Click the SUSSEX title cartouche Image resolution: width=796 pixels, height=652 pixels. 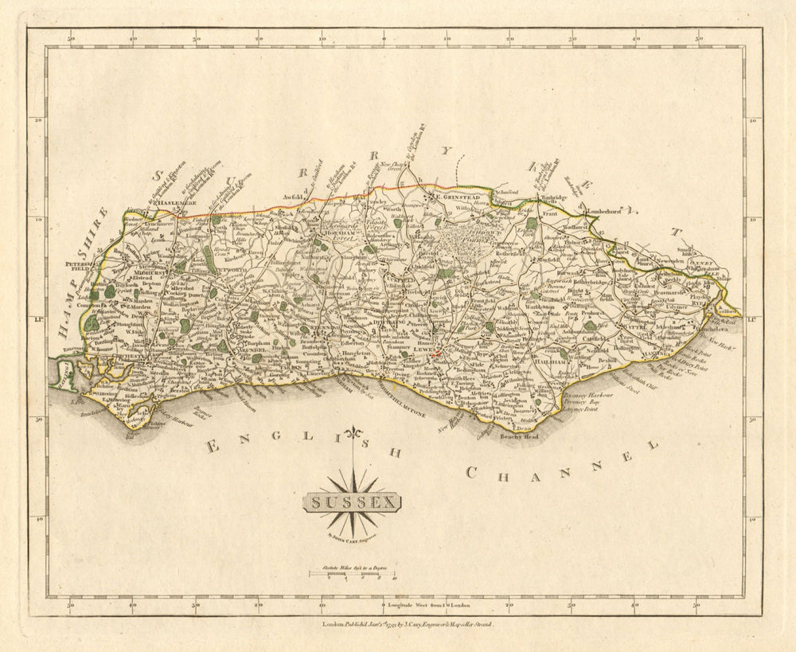coord(353,503)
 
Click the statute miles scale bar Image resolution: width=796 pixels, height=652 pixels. coord(352,575)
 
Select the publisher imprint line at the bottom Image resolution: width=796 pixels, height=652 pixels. coord(408,627)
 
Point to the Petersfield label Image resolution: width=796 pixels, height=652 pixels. coord(80,265)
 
